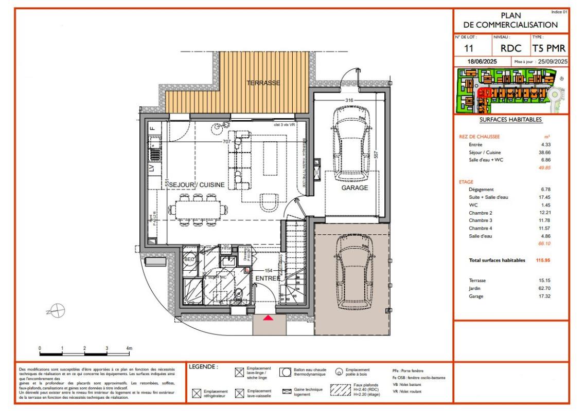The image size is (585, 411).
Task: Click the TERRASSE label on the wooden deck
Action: [263, 83]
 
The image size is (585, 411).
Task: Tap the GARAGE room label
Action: [355, 188]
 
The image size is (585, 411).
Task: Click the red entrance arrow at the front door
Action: [268, 319]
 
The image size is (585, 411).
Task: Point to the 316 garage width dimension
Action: [349, 100]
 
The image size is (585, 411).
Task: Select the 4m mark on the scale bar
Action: [129, 349]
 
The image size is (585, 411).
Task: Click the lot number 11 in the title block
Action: [469, 48]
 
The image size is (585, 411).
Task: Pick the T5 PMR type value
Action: [549, 48]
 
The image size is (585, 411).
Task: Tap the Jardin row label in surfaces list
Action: [468, 289]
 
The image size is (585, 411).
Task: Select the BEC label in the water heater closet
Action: [189, 259]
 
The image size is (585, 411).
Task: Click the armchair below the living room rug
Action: [268, 201]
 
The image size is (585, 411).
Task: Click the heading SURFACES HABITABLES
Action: [510, 119]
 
